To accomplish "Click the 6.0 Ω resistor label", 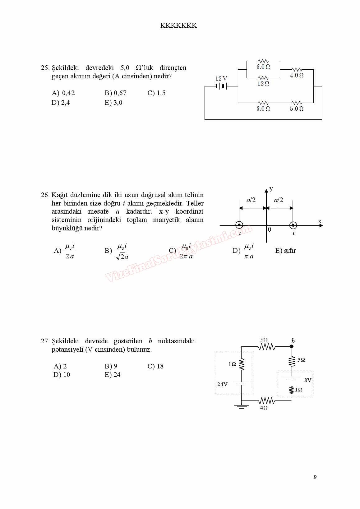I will pyautogui.click(x=263, y=67).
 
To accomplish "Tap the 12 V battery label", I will pyautogui.click(x=221, y=79).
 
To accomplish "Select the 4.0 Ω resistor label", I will pyautogui.click(x=297, y=75).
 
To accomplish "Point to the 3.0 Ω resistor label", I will pyautogui.click(x=263, y=109).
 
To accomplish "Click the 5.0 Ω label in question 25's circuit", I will pyautogui.click(x=297, y=109).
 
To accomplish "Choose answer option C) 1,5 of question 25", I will pyautogui.click(x=156, y=93).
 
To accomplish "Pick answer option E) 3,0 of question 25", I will pyautogui.click(x=113, y=103).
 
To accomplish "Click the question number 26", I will pyautogui.click(x=45, y=195).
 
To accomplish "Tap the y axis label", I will pyautogui.click(x=271, y=189).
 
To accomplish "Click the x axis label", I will pyautogui.click(x=320, y=221).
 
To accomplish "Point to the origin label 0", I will pyautogui.click(x=270, y=229).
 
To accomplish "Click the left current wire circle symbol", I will pyautogui.click(x=239, y=225).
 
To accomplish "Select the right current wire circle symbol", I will pyautogui.click(x=293, y=225).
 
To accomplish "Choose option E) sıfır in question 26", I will pyautogui.click(x=285, y=251).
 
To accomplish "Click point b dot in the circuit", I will pyautogui.click(x=292, y=346).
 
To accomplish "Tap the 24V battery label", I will pyautogui.click(x=222, y=384).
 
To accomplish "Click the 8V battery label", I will pyautogui.click(x=308, y=380).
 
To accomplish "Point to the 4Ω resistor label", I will pyautogui.click(x=264, y=408).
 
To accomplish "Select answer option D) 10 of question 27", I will pyautogui.click(x=62, y=375).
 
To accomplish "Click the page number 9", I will pyautogui.click(x=315, y=477).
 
